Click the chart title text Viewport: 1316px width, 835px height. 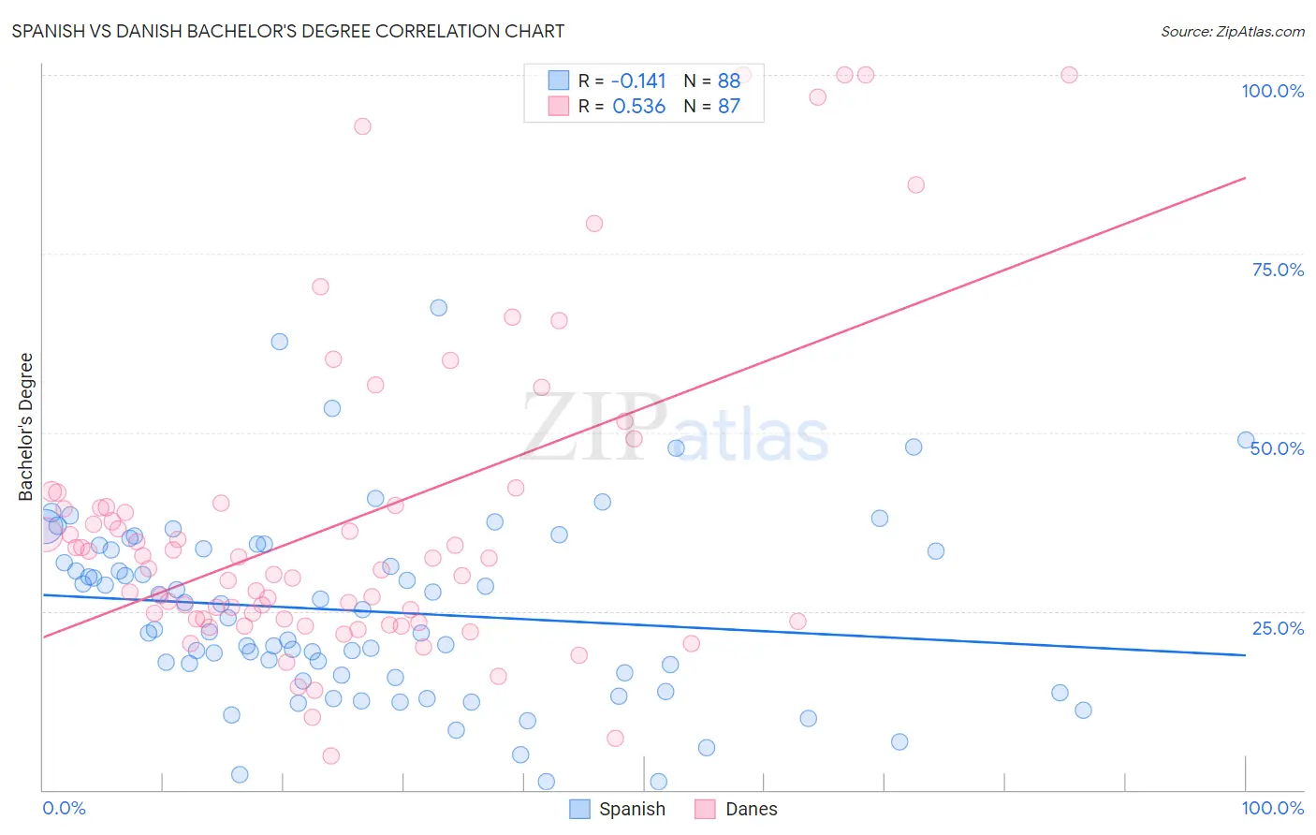tap(288, 31)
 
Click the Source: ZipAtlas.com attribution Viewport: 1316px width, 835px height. tap(1232, 31)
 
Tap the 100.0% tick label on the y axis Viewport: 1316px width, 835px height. tap(1272, 91)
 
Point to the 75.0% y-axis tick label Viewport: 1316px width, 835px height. tap(1278, 270)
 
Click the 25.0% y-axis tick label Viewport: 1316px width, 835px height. tap(1278, 627)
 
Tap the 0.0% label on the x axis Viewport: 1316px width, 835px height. tap(64, 808)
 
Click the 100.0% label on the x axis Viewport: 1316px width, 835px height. tap(1272, 808)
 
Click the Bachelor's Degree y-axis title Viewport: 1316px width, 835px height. tap(26, 427)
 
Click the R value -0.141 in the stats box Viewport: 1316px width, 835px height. tap(638, 81)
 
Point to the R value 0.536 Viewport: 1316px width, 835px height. tap(638, 107)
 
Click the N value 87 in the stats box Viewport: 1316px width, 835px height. tap(729, 107)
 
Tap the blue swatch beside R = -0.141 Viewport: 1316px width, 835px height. tap(559, 81)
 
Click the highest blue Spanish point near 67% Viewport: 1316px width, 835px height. tap(438, 308)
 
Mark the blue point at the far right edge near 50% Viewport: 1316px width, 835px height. tap(1246, 440)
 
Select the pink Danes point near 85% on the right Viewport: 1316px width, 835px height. tap(915, 185)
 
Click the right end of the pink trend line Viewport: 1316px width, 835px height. tap(1245, 178)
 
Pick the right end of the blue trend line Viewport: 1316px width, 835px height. tap(1245, 655)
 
